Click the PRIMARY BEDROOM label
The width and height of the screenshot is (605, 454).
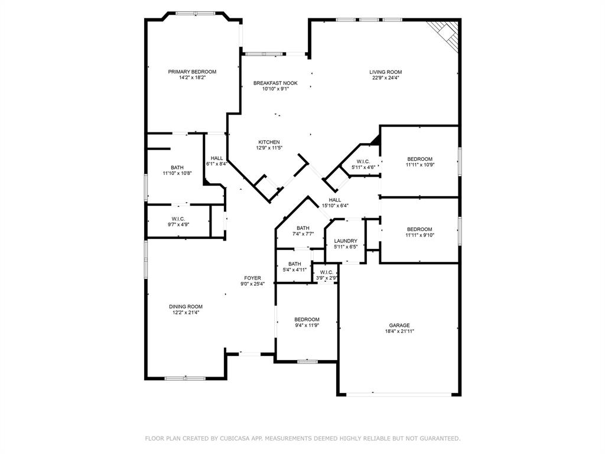click(x=192, y=72)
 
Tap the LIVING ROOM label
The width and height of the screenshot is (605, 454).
click(x=385, y=72)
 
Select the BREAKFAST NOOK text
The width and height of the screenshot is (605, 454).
click(x=275, y=83)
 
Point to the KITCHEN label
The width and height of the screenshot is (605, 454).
click(x=269, y=142)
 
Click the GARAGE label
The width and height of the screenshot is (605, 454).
click(x=399, y=325)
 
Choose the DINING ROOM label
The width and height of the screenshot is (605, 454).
click(x=186, y=306)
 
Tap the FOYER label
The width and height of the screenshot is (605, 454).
click(x=253, y=278)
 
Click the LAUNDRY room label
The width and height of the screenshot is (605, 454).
click(x=346, y=241)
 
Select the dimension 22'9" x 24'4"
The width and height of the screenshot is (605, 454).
click(x=385, y=78)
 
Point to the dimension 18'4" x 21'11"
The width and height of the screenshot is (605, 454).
click(x=399, y=331)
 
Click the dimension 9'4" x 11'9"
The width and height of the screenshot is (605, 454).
click(x=307, y=325)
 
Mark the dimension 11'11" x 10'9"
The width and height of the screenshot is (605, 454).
click(x=419, y=165)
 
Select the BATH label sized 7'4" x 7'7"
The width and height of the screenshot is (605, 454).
click(x=303, y=228)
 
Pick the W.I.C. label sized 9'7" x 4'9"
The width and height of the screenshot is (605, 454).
click(x=178, y=219)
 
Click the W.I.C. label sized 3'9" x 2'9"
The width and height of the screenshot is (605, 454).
click(x=326, y=272)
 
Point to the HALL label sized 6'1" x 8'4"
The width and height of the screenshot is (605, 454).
click(x=217, y=158)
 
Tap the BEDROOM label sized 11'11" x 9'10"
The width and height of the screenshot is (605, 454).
click(x=419, y=229)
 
